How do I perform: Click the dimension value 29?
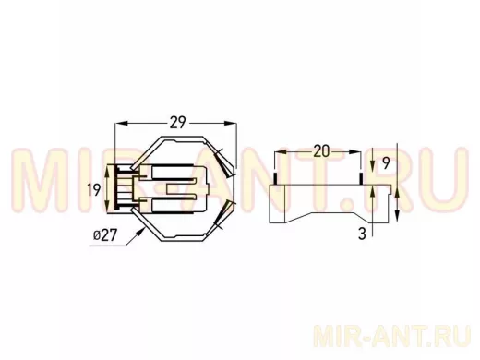tap(178, 123)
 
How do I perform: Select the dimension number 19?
tap(94, 189)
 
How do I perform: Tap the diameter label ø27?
tap(105, 235)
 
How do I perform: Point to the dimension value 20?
tap(321, 151)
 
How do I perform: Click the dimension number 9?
tap(386, 163)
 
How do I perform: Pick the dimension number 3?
tap(362, 234)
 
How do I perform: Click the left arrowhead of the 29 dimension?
tap(121, 123)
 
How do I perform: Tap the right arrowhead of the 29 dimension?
tap(231, 123)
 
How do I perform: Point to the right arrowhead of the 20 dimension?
tap(354, 151)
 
